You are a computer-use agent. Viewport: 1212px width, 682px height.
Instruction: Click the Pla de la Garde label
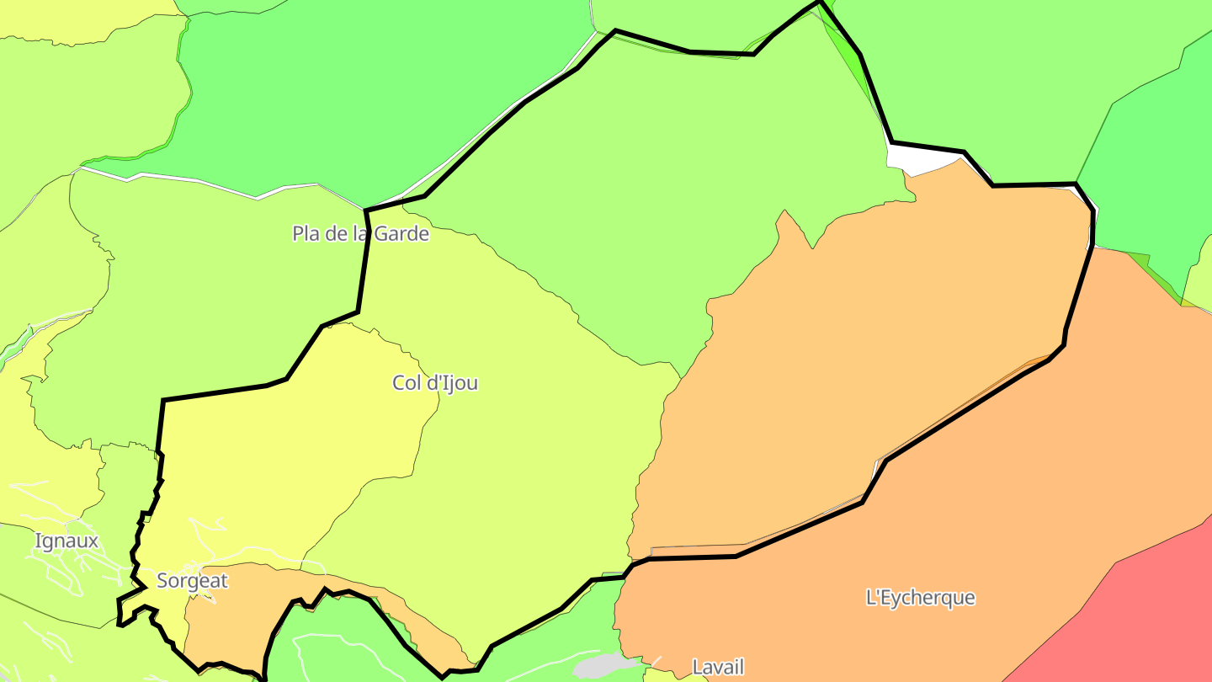pyautogui.click(x=360, y=233)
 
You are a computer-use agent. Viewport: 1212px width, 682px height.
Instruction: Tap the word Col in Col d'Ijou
pyautogui.click(x=405, y=383)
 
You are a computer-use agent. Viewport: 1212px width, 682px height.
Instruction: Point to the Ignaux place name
pyautogui.click(x=66, y=541)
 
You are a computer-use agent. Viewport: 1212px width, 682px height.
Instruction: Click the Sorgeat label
pyautogui.click(x=192, y=580)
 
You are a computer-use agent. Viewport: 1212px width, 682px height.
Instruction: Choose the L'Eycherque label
pyautogui.click(x=920, y=597)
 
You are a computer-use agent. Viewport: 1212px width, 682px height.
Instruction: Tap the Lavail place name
pyautogui.click(x=718, y=667)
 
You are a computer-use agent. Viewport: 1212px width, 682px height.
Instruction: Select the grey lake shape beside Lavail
pyautogui.click(x=599, y=667)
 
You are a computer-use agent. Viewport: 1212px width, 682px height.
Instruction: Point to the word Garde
pyautogui.click(x=401, y=233)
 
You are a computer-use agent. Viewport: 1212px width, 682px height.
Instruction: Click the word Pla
pyautogui.click(x=306, y=233)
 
